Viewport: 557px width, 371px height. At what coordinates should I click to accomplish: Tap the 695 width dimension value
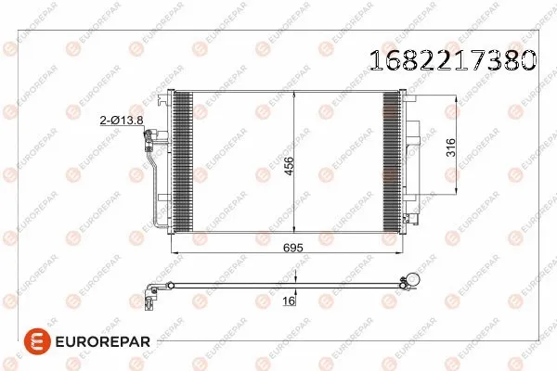(293, 248)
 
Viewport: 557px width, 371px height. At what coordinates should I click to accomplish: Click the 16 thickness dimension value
(289, 302)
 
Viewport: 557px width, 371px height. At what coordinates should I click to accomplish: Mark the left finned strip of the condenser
(182, 161)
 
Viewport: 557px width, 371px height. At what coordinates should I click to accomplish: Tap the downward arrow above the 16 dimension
(294, 275)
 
